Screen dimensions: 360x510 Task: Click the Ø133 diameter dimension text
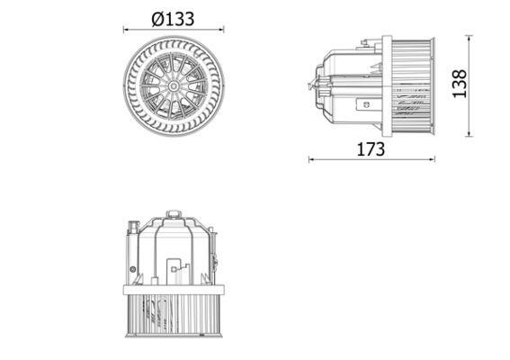point(173,18)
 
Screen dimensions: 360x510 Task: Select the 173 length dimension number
point(371,149)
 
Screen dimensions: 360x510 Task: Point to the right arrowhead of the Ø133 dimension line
point(219,30)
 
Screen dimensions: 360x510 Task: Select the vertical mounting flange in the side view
point(388,85)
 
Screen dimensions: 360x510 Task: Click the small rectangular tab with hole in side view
point(365,104)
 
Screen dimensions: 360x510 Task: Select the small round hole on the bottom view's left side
point(132,269)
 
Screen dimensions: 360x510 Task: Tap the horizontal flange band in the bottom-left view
point(173,289)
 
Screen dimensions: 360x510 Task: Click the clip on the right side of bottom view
point(216,260)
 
